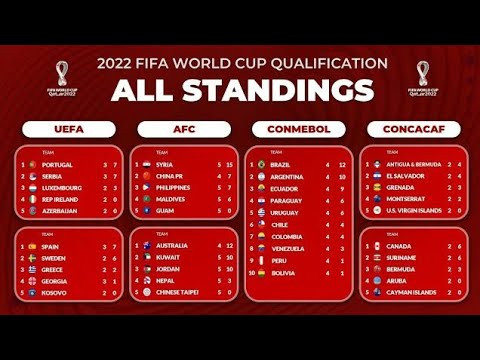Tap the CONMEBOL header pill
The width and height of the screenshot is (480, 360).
pos(297,129)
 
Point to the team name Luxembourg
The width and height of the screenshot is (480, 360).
pos(63,187)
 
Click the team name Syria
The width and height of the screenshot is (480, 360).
pos(166,164)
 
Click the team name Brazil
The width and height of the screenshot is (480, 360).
pos(281,164)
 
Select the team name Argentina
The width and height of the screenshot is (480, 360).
pos(287,176)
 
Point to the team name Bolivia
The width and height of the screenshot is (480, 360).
pos(283,273)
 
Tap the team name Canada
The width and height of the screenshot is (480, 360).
pos(397,246)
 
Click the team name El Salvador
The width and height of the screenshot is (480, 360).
pos(405,176)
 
